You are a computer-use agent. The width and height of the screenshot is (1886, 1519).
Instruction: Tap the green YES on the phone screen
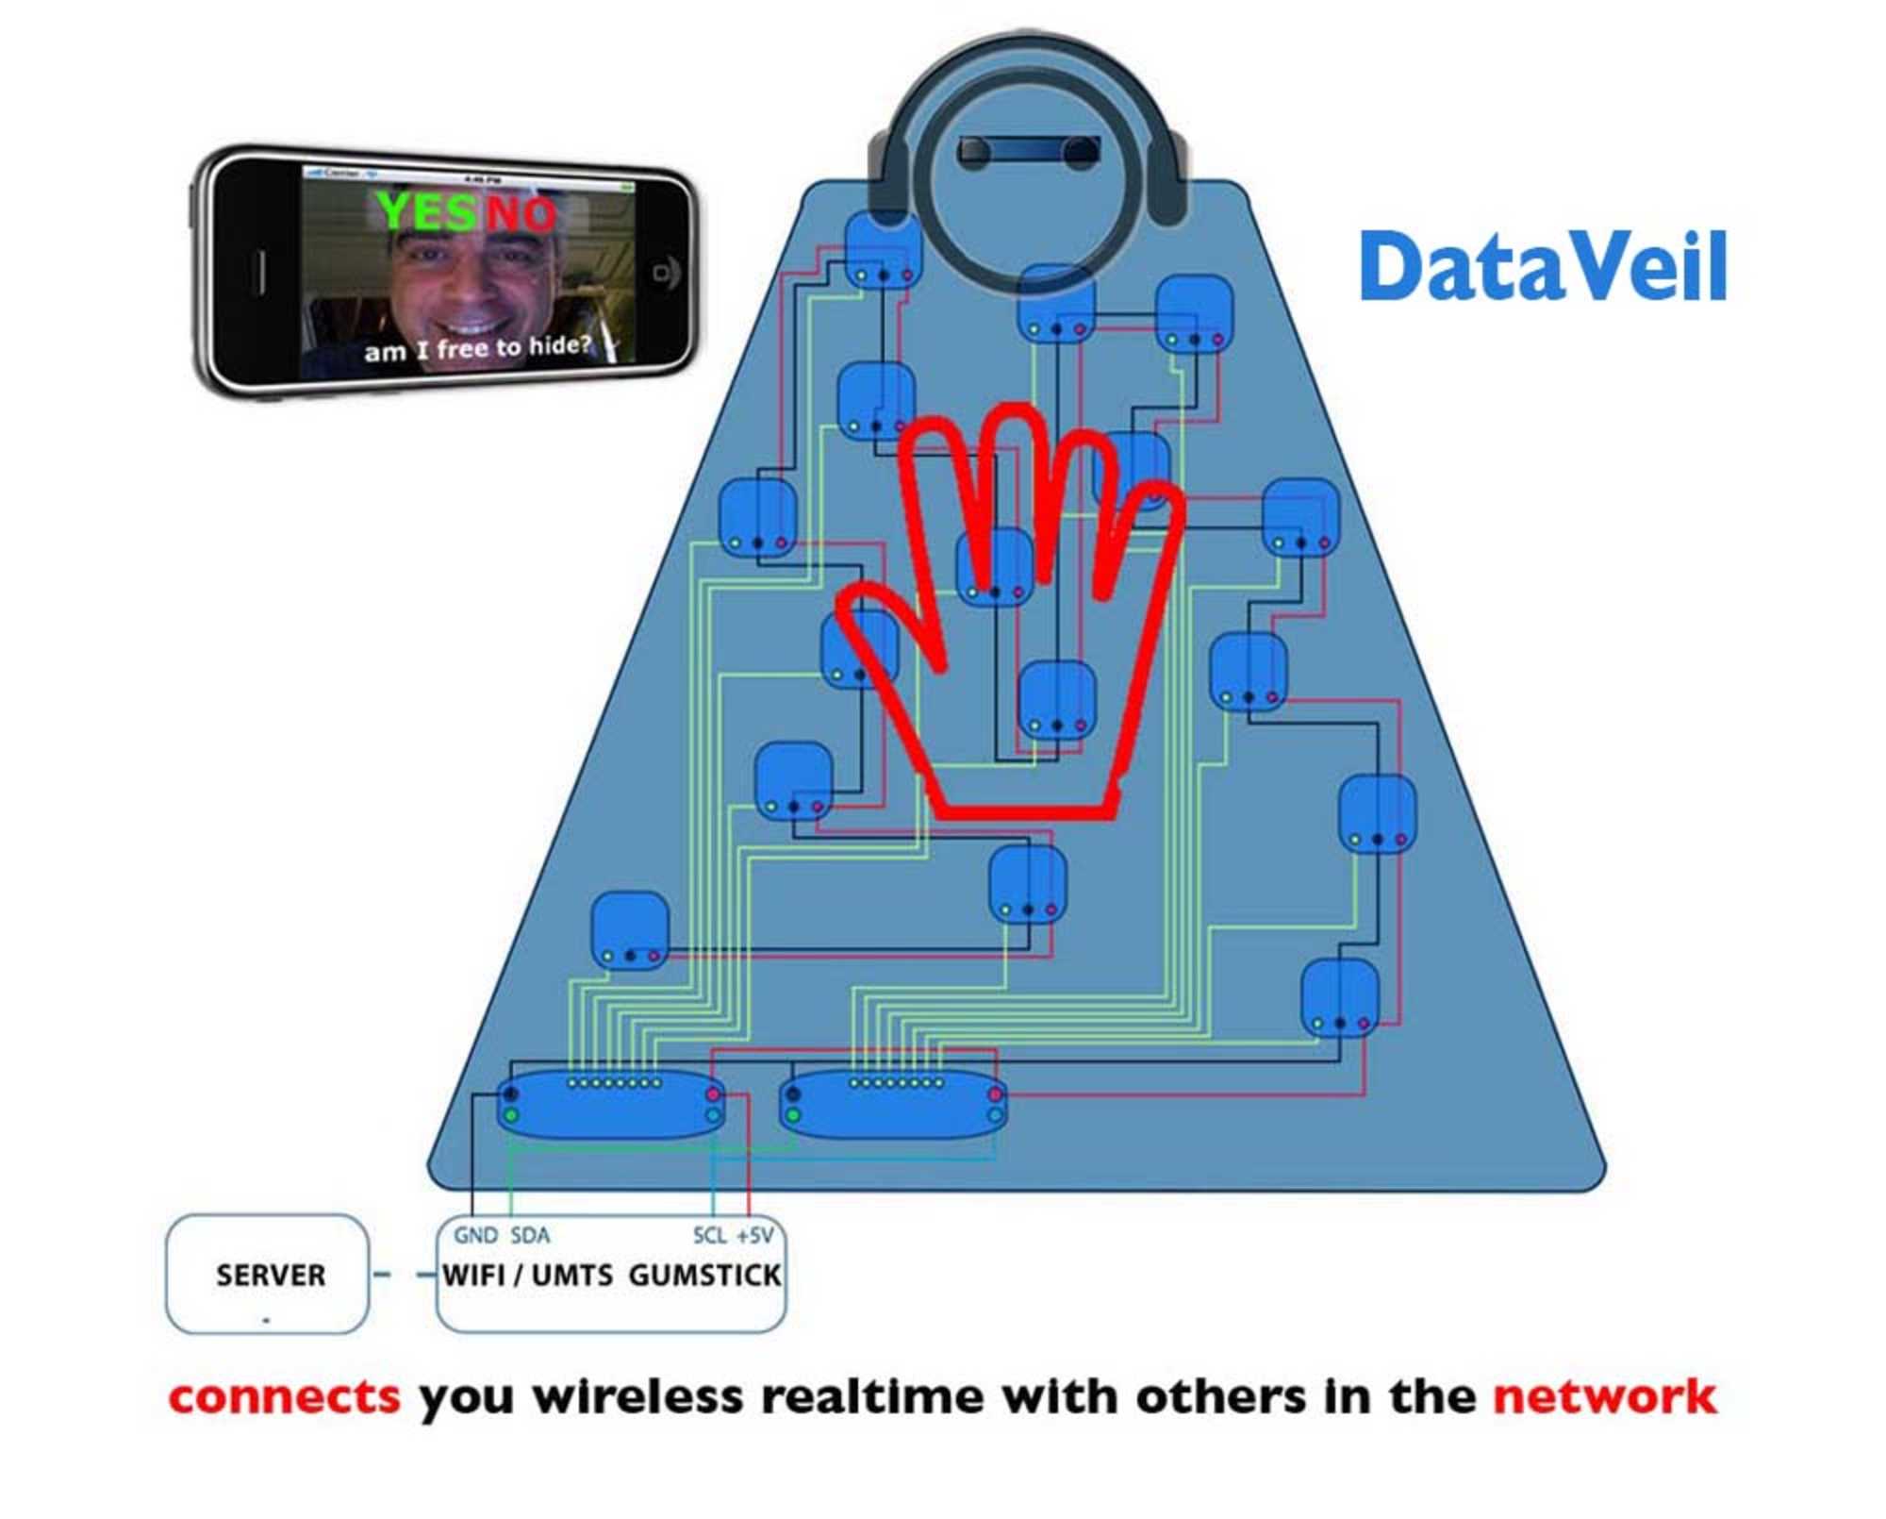click(x=426, y=210)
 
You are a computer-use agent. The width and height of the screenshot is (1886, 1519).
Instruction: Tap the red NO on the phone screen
click(x=521, y=213)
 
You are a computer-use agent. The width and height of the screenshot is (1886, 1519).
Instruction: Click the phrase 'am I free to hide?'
click(x=477, y=348)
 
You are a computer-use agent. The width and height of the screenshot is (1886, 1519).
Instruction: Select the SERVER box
click(x=267, y=1275)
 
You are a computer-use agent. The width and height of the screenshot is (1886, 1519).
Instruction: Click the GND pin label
click(x=475, y=1235)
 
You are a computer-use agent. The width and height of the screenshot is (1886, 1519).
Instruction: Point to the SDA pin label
click(x=530, y=1235)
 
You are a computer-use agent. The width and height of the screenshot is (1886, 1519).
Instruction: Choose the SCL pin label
click(x=709, y=1235)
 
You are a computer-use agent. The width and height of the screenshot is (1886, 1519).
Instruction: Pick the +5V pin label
click(x=754, y=1235)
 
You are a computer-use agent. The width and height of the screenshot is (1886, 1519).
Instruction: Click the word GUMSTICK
click(x=704, y=1276)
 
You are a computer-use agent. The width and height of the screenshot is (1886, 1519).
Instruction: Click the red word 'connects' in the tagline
click(x=285, y=1397)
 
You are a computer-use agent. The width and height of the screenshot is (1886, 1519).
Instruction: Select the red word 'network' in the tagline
click(x=1604, y=1397)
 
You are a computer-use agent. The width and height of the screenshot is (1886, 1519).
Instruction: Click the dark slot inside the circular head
click(x=1029, y=151)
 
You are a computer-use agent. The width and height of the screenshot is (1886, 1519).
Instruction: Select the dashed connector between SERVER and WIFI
click(x=404, y=1275)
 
